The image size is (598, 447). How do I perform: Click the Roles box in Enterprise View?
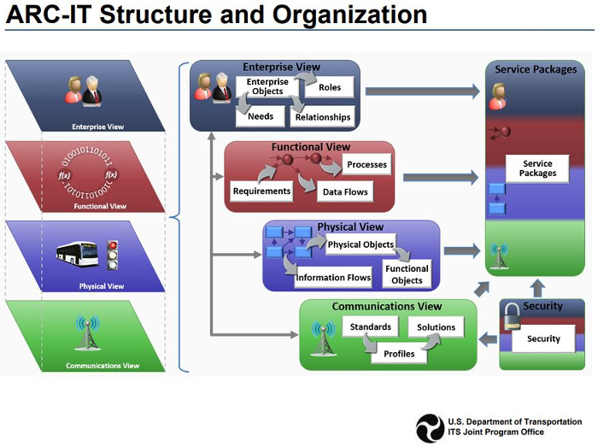[x=329, y=88]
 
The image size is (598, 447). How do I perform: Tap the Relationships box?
[x=322, y=117]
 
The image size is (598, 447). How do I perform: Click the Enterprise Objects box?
[x=267, y=86]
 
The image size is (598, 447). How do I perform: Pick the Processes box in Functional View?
[x=367, y=164]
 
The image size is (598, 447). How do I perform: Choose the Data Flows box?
[x=344, y=192]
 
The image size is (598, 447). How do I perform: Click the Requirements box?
[x=261, y=191]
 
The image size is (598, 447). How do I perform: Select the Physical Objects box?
[x=361, y=244]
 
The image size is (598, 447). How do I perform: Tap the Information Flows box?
[x=333, y=277]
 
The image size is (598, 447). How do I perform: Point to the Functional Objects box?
[x=407, y=274]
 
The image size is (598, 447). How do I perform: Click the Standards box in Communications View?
[x=370, y=326]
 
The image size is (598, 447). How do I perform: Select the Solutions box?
[x=436, y=327]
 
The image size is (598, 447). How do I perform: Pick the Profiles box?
[x=399, y=353]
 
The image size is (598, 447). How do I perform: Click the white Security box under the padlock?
[x=543, y=338]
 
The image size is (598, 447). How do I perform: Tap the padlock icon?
[x=511, y=318]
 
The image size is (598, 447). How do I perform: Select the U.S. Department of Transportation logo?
[x=430, y=428]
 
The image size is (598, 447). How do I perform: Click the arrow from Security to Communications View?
[x=488, y=339]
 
